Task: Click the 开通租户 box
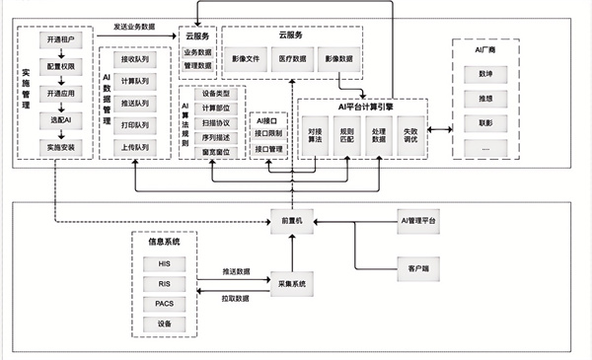(61, 38)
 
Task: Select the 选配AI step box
(61, 119)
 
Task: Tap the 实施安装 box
(61, 146)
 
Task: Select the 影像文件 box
(246, 59)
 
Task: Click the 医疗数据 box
(293, 59)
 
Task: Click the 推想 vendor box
(485, 99)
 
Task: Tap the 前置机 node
(293, 223)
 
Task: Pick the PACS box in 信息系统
(164, 304)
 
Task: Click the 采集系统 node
(293, 283)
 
